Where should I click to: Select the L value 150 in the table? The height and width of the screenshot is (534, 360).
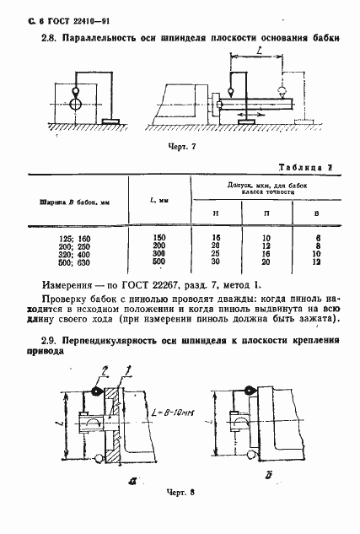pyautogui.click(x=159, y=238)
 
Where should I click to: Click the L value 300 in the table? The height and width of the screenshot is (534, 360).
pyautogui.click(x=159, y=254)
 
